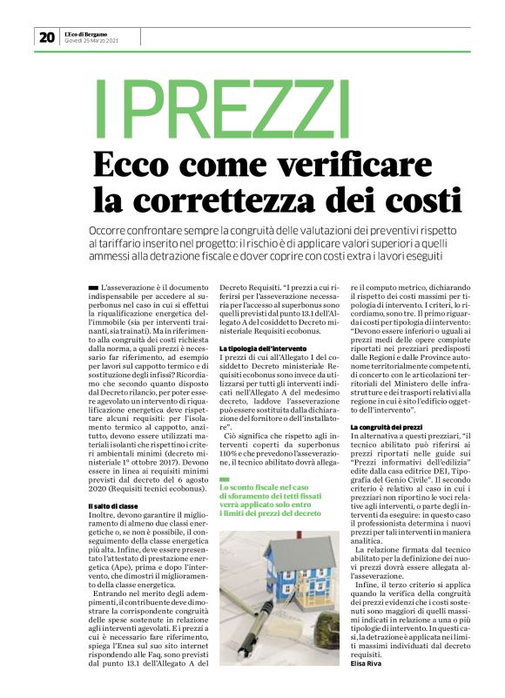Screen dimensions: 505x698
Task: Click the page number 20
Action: click(x=46, y=37)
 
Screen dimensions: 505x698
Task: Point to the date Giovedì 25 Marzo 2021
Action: click(x=93, y=41)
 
